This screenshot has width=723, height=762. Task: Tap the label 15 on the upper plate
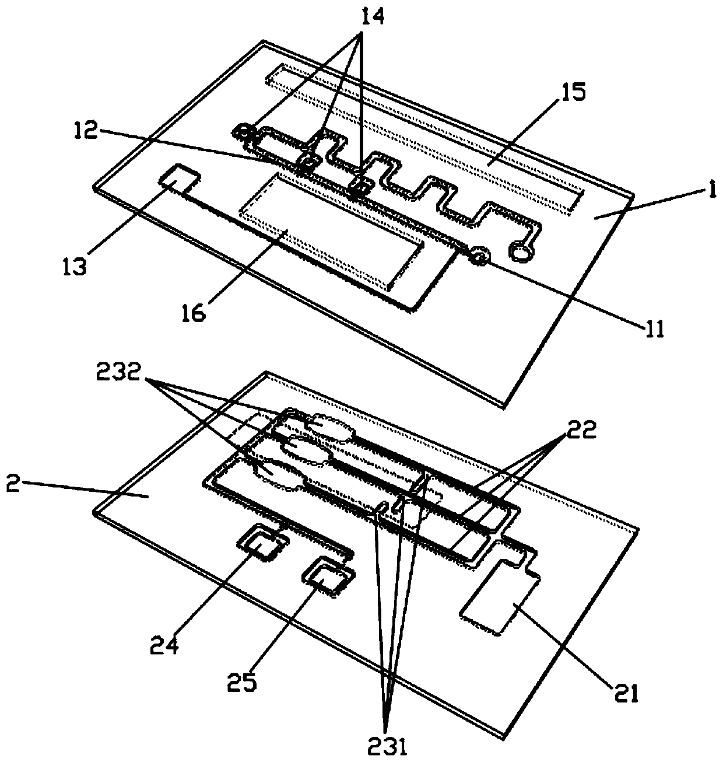[573, 93]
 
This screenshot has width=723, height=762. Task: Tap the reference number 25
[243, 681]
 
